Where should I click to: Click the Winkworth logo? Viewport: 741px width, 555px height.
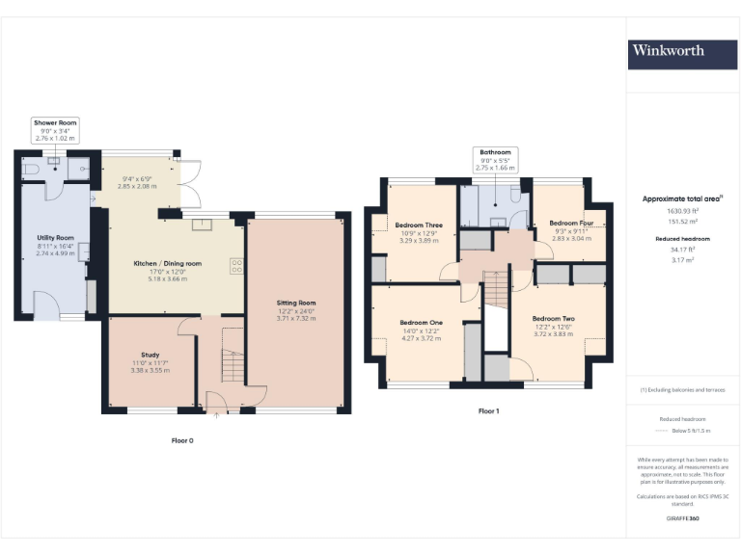click(x=669, y=50)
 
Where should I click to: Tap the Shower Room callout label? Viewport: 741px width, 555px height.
click(x=55, y=130)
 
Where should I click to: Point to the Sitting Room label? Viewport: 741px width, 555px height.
click(x=296, y=309)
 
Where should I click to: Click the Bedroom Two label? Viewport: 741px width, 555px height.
click(x=553, y=325)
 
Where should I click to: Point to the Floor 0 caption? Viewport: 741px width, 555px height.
click(x=182, y=440)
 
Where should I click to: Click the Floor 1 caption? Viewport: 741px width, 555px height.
click(x=489, y=410)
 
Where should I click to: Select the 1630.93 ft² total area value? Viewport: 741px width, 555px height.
click(x=683, y=210)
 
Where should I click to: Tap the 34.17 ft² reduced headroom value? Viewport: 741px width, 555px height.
click(x=683, y=249)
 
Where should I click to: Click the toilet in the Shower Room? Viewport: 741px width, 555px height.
click(x=31, y=168)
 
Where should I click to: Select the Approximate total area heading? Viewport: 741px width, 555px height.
click(x=683, y=198)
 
